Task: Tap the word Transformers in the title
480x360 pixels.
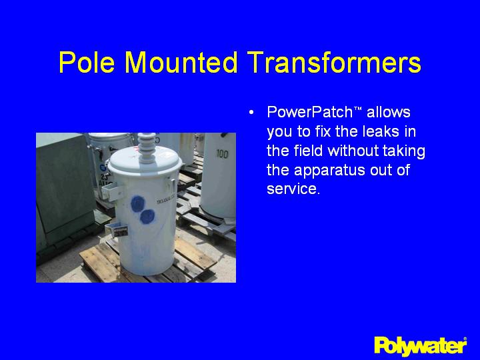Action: [x=333, y=63]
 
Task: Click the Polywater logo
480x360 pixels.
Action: [x=420, y=345]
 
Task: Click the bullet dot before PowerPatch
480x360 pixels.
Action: [x=251, y=111]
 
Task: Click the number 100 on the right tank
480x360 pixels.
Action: [x=223, y=155]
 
